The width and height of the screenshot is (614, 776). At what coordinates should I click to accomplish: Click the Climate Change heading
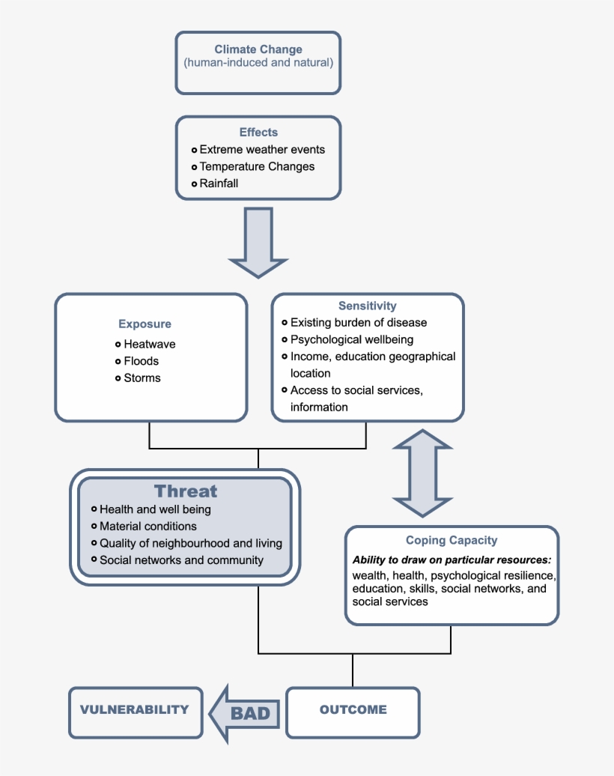(258, 49)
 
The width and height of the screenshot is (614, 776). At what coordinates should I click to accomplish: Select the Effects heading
(258, 133)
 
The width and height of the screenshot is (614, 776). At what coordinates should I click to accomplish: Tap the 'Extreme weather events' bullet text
(262, 150)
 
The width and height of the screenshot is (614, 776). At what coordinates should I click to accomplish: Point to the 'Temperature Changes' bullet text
(257, 166)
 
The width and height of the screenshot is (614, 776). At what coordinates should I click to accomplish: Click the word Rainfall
(219, 183)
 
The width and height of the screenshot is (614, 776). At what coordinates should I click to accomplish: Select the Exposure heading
(145, 324)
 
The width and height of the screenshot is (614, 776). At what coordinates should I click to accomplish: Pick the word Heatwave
(150, 345)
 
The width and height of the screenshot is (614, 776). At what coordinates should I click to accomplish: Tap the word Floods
(142, 361)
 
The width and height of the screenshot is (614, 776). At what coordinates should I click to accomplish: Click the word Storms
(142, 378)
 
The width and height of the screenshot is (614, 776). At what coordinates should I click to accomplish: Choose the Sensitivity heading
(367, 306)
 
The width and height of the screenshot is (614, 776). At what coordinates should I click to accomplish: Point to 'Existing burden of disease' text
(358, 323)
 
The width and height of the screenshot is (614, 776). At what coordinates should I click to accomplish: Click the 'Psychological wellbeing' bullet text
(351, 340)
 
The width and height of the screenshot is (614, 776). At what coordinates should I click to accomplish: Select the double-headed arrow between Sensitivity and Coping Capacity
(422, 473)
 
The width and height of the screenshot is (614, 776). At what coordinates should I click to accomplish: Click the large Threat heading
(186, 491)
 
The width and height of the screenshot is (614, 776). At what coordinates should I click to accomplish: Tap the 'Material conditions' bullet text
(148, 526)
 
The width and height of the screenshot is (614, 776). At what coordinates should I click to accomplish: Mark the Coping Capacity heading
(451, 540)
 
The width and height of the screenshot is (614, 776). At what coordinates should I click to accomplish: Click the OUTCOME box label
(353, 709)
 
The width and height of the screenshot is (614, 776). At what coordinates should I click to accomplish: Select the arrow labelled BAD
(244, 712)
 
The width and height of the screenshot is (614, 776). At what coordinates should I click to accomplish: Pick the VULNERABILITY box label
(135, 709)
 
